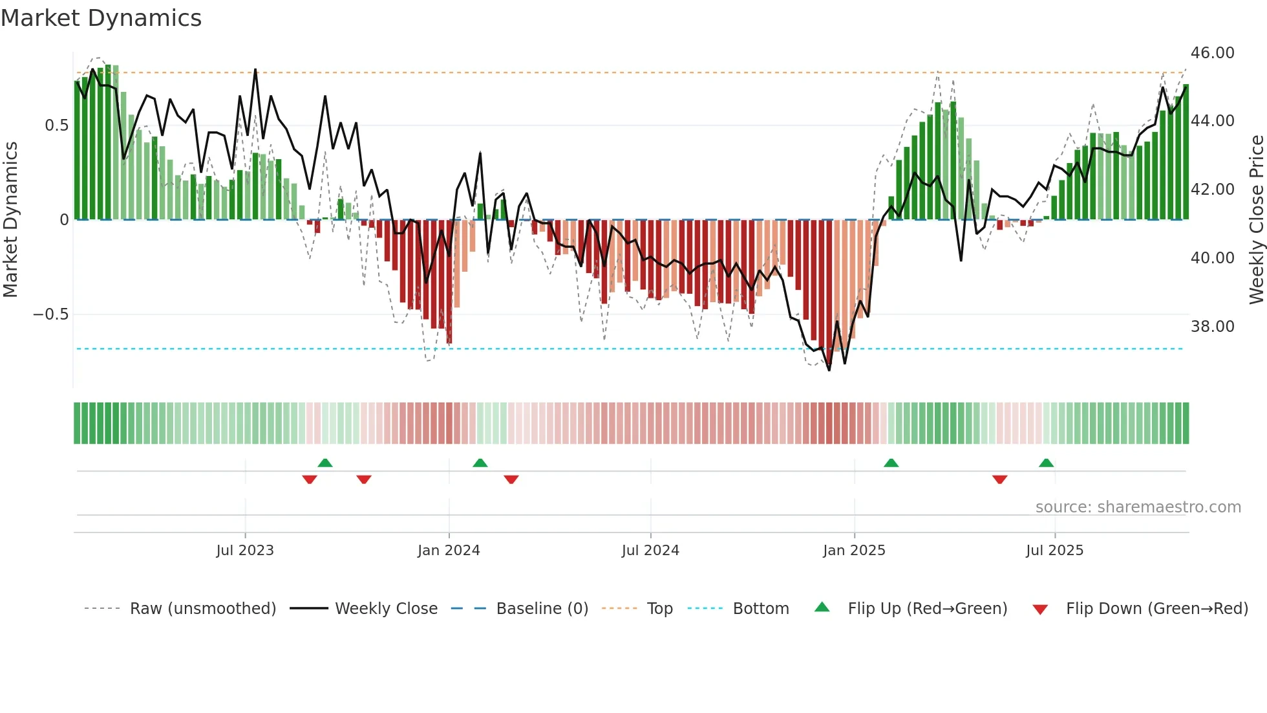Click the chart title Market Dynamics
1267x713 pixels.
(x=101, y=18)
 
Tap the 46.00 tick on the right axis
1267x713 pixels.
(x=1212, y=53)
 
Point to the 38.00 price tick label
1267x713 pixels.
(x=1212, y=327)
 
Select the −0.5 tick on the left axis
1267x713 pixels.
(x=50, y=315)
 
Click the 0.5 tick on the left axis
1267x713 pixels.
(x=56, y=126)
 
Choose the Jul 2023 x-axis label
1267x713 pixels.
(x=245, y=551)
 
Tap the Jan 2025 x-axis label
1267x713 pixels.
(x=854, y=551)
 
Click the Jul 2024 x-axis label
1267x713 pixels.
(x=650, y=551)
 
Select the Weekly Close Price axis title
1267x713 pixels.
(x=1256, y=220)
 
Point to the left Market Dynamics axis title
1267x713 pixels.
(x=10, y=220)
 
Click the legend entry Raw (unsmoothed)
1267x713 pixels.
(x=202, y=609)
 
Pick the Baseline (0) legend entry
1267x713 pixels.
(x=542, y=609)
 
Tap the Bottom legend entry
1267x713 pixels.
(x=760, y=609)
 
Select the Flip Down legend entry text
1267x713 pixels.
(x=1156, y=609)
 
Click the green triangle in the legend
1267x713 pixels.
(x=822, y=607)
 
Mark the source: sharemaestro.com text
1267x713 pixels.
(x=1138, y=507)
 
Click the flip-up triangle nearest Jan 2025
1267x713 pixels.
(x=891, y=463)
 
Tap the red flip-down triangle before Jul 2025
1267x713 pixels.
(x=999, y=479)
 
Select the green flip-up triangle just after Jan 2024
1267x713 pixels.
(x=480, y=463)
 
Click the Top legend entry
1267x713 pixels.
(x=659, y=609)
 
